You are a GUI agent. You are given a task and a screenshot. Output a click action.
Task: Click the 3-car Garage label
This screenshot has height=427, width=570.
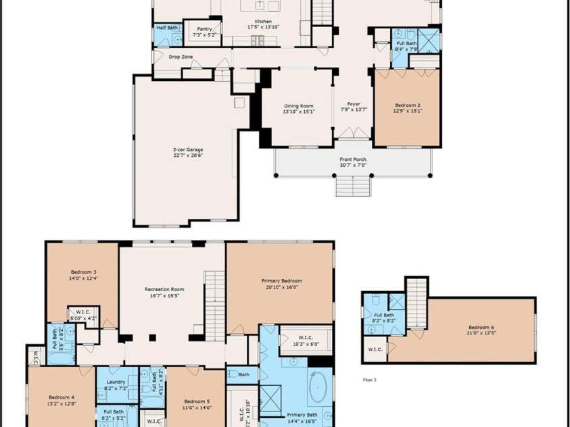click(x=187, y=149)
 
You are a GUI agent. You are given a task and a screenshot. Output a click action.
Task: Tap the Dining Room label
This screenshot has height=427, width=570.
click(x=298, y=105)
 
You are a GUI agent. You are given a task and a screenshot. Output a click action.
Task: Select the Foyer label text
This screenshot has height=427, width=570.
click(x=354, y=103)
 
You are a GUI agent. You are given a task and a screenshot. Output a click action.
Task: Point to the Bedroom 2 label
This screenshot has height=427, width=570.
click(x=408, y=105)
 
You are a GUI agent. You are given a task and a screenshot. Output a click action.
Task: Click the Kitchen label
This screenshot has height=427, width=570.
click(x=263, y=22)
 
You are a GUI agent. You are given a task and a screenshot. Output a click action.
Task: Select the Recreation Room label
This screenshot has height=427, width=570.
click(x=164, y=289)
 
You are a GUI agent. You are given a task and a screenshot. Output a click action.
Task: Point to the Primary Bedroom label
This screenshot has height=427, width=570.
click(x=281, y=280)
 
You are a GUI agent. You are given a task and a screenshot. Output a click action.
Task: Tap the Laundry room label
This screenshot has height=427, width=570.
click(x=116, y=382)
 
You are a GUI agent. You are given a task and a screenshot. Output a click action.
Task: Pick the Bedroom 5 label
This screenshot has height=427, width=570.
click(x=197, y=401)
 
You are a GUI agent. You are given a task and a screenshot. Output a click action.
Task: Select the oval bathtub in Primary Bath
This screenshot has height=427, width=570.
click(x=318, y=390)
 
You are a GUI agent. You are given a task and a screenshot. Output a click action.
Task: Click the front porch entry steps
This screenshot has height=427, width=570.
click(x=353, y=185)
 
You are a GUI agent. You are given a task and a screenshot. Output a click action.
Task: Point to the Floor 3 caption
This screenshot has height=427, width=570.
click(x=369, y=380)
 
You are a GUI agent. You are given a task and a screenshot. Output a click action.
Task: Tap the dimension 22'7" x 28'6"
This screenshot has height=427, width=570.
click(x=187, y=155)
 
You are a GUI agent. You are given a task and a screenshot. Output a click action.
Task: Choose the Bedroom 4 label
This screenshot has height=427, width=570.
click(x=62, y=397)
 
